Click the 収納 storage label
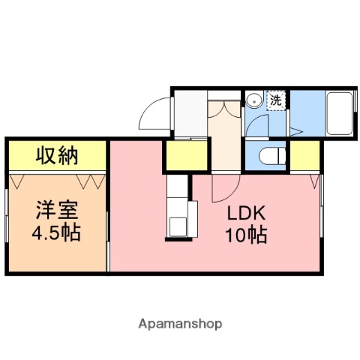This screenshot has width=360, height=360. click(x=57, y=156)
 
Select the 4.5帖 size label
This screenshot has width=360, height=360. click(x=56, y=231)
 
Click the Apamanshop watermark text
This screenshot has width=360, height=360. click(x=179, y=324)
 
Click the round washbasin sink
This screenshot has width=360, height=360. click(x=255, y=99)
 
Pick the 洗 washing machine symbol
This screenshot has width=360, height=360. click(x=276, y=99)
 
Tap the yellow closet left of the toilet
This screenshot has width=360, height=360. click(x=186, y=156)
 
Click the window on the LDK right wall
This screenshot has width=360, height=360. click(x=322, y=217)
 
